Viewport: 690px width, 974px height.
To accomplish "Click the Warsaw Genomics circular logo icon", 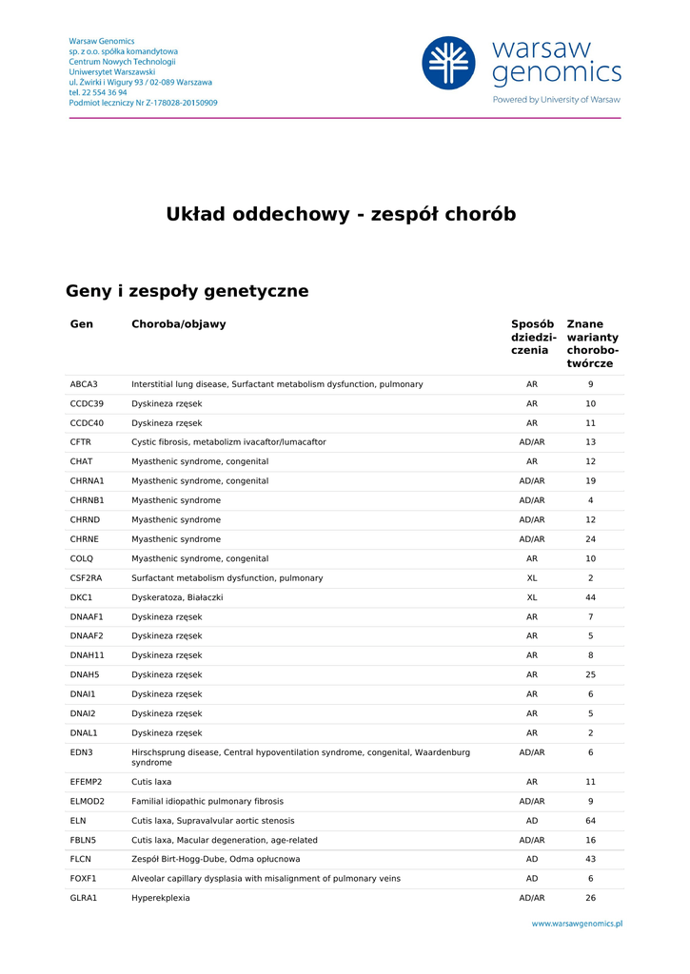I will (448, 64).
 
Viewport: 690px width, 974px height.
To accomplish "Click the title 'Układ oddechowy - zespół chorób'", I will (341, 214).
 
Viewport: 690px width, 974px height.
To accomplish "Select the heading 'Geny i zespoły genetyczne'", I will (187, 291).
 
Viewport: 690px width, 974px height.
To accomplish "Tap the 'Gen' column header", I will (82, 324).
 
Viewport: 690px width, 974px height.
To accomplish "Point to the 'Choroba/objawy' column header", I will (179, 324).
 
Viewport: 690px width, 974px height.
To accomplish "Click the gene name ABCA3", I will (84, 384).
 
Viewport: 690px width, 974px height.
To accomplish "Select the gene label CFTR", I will (81, 442).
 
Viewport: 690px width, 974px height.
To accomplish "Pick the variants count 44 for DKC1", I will (590, 597).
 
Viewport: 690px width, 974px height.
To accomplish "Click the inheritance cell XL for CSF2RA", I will (532, 578).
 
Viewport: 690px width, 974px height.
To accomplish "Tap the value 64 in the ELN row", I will (590, 821).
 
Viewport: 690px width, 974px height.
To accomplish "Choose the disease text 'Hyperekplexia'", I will (161, 898).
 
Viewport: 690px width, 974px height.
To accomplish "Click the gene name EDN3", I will (82, 752).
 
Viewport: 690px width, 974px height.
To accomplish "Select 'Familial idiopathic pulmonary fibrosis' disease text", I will (207, 801).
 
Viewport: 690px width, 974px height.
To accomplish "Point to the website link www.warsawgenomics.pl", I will (577, 923).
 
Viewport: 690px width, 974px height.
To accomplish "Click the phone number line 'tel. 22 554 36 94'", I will (98, 92).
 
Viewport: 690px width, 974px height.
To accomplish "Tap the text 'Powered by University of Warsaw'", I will (556, 100).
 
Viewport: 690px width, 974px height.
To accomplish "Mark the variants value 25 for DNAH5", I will (590, 675).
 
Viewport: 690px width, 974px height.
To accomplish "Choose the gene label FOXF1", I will (84, 879).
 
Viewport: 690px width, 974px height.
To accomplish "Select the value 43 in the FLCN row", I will (590, 859).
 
